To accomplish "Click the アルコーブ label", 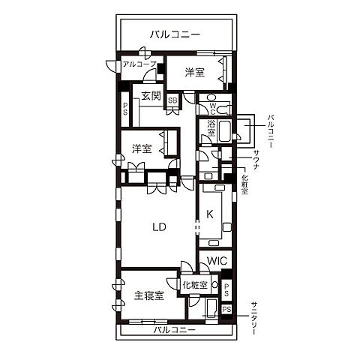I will pos(139,64).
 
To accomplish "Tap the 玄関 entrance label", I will pos(151,95).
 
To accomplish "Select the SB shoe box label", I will pos(172,100).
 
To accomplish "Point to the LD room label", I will pos(158,226).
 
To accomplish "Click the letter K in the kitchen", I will pos(210,214).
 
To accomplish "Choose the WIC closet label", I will pos(217,260).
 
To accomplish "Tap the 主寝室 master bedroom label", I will pos(149,295).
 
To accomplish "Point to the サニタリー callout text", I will pos(256,317).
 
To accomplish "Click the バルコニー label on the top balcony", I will pos(174,34).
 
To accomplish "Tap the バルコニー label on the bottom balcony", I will pos(174,330).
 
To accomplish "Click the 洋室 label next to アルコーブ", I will pos(195,73).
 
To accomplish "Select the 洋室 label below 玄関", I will pos(142,148).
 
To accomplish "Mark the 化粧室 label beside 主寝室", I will pos(195,285).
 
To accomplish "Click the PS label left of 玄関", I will pos(125,108).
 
